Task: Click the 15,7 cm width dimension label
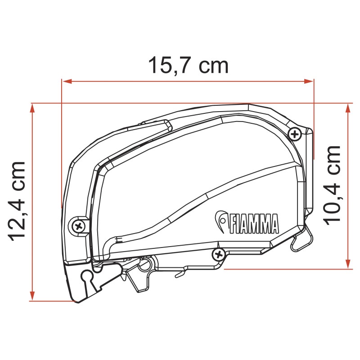(189, 66)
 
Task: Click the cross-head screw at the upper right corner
(295, 133)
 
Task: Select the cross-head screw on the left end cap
(78, 225)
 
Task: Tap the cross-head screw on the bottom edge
(219, 254)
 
